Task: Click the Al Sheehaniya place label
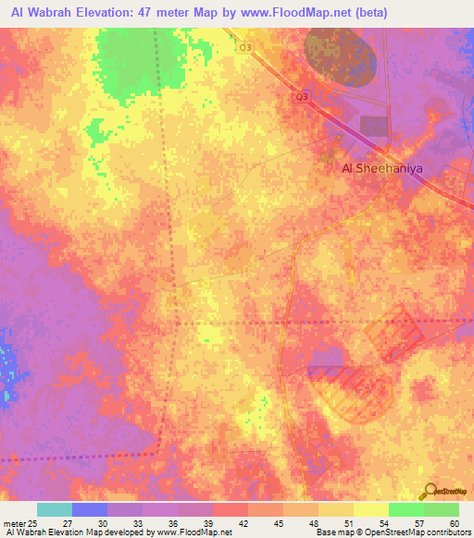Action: coord(375,168)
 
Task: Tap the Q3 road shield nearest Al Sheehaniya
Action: coord(302,96)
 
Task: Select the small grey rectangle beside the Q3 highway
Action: coord(374,127)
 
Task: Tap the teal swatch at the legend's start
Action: coord(55,509)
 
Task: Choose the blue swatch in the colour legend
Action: coord(90,509)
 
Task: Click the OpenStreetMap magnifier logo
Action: coord(430,490)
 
